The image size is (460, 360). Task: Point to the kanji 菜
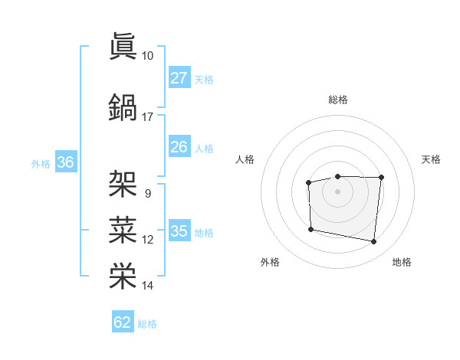tap(123, 228)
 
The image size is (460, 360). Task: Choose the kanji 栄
tap(123, 274)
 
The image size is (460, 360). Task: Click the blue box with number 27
tap(179, 78)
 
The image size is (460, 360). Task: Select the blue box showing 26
tap(179, 147)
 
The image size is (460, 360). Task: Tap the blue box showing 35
tap(179, 231)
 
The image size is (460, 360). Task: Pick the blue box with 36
tap(65, 162)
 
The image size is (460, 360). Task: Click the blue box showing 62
tap(122, 322)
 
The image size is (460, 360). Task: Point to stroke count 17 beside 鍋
tap(147, 117)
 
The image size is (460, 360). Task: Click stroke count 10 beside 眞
tap(147, 56)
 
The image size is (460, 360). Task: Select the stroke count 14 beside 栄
tap(147, 286)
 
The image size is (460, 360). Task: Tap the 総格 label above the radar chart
tap(337, 100)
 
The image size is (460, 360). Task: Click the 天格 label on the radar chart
tap(431, 159)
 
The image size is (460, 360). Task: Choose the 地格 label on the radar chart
tap(402, 262)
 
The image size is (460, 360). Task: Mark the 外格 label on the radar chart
tap(270, 262)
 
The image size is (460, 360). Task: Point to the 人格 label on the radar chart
tap(245, 159)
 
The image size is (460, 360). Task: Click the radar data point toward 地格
tap(374, 242)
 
